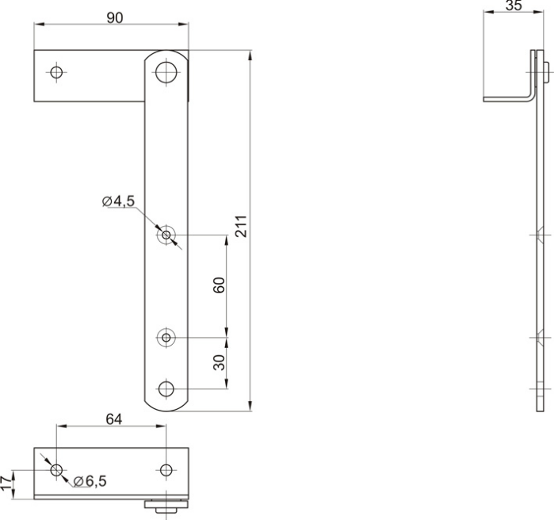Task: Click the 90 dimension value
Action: coord(114,17)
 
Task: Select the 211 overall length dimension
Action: coord(241,226)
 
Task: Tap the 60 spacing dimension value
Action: coord(219,285)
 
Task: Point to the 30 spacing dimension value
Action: coord(219,362)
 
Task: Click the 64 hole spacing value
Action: coord(114,419)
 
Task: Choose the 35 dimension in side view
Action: coord(514,6)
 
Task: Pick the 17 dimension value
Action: coord(6,484)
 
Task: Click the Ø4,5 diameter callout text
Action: coord(118,201)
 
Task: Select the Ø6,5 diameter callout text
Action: coord(90,481)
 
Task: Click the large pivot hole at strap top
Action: coord(166,72)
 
